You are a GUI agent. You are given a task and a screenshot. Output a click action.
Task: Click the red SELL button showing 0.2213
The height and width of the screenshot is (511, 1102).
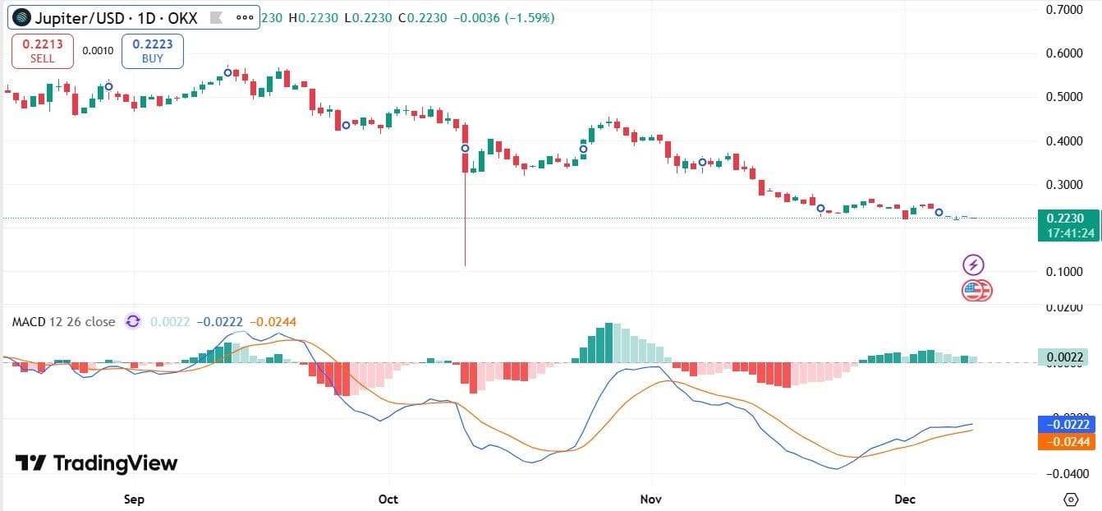pyautogui.click(x=43, y=51)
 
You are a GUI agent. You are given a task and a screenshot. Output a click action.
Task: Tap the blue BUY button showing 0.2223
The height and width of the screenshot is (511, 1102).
pyautogui.click(x=152, y=51)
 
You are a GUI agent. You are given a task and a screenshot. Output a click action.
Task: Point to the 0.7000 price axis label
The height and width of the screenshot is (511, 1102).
pyautogui.click(x=1067, y=10)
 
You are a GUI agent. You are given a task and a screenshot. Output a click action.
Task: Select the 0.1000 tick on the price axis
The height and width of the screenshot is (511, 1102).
pyautogui.click(x=1067, y=271)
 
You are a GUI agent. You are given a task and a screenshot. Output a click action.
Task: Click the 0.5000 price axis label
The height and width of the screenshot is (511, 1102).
pyautogui.click(x=1067, y=97)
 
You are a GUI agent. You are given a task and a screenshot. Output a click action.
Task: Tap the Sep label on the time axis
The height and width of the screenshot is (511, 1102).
pyautogui.click(x=134, y=499)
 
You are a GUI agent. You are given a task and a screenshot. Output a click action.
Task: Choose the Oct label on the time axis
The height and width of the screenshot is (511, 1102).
pyautogui.click(x=388, y=499)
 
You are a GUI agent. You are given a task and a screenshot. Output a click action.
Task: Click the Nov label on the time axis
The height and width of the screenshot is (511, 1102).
pyautogui.click(x=651, y=499)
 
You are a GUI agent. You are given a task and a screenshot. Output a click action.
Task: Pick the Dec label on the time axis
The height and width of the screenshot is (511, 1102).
pyautogui.click(x=905, y=499)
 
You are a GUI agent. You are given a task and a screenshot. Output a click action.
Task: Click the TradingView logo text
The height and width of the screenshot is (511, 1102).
pyautogui.click(x=97, y=463)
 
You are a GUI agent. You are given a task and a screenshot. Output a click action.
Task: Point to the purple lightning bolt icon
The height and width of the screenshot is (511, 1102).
pyautogui.click(x=973, y=265)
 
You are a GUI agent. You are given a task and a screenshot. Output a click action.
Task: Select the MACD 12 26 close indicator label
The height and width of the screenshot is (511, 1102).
pyautogui.click(x=63, y=321)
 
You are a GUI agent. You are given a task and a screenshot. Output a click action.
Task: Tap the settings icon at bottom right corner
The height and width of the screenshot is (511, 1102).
pyautogui.click(x=1070, y=499)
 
